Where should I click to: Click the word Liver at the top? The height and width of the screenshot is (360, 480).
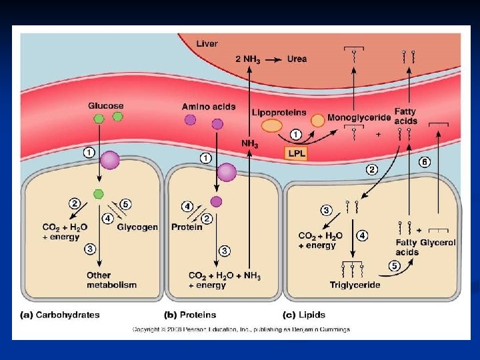tap(207, 44)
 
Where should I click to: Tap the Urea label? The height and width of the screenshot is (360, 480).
tap(297, 59)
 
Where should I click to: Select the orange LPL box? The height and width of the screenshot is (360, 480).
tap(297, 153)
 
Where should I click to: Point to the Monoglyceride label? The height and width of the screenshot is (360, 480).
tap(359, 117)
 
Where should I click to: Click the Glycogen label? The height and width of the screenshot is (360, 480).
tap(137, 227)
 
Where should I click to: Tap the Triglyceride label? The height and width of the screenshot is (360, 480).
tap(355, 285)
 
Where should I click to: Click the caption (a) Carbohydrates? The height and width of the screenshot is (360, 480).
tap(59, 315)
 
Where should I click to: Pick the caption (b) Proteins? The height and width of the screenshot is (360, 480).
tap(190, 315)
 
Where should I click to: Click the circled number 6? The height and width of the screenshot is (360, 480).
tap(424, 162)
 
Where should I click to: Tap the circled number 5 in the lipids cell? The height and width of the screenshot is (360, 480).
tap(394, 267)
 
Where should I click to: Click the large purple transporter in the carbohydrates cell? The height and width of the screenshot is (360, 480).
tap(109, 161)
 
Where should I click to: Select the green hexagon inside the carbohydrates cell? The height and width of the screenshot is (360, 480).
tap(99, 194)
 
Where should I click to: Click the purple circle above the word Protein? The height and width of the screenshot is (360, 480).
tap(216, 201)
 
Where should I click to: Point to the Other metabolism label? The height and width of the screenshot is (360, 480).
tap(111, 280)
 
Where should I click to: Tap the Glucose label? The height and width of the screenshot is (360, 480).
tap(106, 106)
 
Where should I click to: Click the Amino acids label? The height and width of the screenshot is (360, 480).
tap(204, 106)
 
